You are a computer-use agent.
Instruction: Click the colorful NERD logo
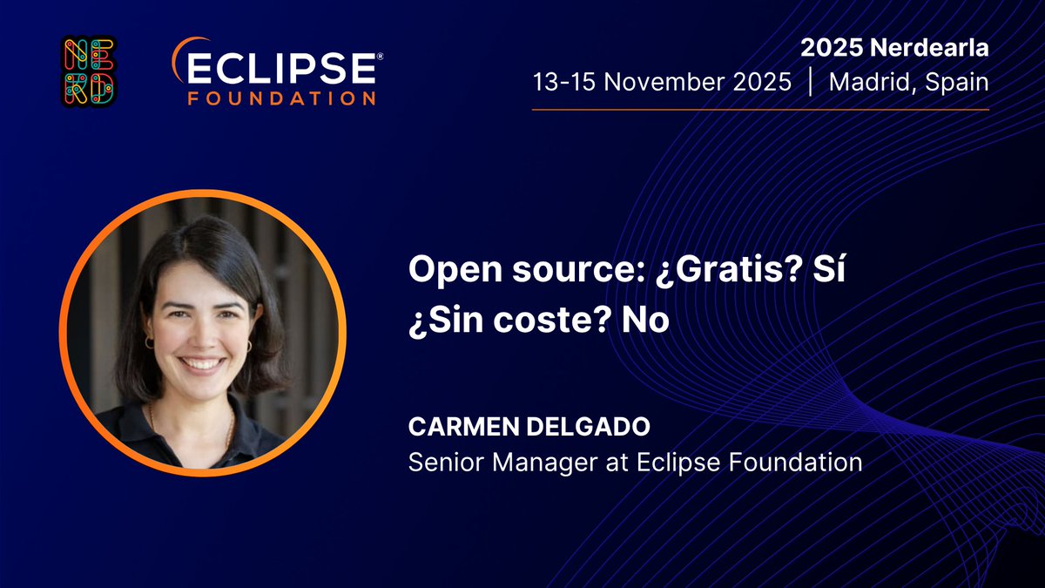[x=88, y=71]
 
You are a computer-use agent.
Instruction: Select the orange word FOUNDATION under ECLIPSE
[x=282, y=98]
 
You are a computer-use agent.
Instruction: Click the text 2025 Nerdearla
[x=907, y=49]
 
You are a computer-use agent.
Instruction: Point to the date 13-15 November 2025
[x=662, y=83]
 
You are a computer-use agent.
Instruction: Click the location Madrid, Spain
[x=908, y=83]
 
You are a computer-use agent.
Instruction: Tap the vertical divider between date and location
[x=811, y=83]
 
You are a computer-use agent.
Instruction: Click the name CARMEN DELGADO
[x=510, y=429]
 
